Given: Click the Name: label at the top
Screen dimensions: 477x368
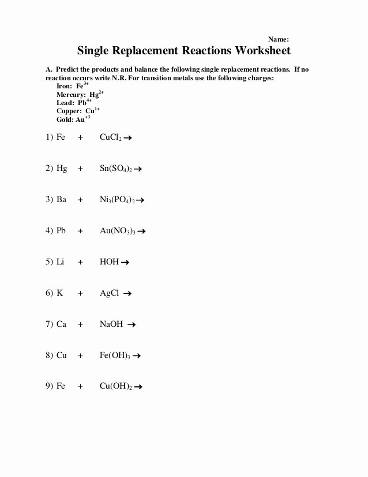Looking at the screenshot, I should point(279,39).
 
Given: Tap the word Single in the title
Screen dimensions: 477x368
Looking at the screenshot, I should point(95,51).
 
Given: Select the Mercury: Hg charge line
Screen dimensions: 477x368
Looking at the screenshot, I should point(80,94).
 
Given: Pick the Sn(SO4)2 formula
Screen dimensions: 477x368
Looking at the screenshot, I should point(116,169).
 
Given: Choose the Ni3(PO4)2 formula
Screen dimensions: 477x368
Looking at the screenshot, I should point(117,200).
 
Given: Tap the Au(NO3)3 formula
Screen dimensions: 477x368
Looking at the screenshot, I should point(118,231).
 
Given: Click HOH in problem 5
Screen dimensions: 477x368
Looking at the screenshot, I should point(109,262).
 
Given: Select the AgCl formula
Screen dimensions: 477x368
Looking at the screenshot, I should point(110,293).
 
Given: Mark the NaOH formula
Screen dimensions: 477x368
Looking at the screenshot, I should point(111,324).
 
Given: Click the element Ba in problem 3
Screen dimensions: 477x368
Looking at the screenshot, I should point(62,200).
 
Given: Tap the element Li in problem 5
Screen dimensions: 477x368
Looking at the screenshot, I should point(61,262).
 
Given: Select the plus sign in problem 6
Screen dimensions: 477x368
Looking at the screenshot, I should point(81,293).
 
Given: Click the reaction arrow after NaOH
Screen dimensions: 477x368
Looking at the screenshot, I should point(132,325).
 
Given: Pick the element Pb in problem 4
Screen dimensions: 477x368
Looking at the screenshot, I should point(62,231).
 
